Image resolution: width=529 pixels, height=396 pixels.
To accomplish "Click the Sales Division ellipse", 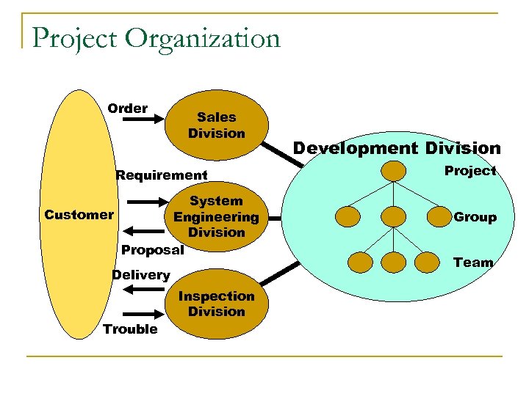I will [x=216, y=125].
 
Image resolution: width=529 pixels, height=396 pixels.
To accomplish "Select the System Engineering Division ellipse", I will [x=216, y=216].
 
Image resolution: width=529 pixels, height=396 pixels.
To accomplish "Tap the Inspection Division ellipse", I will [x=216, y=304].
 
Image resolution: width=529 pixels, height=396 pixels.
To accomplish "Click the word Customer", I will [x=79, y=215].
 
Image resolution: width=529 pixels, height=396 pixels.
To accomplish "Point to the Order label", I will [x=127, y=109].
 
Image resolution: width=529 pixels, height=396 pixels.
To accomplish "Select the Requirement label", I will [x=162, y=175].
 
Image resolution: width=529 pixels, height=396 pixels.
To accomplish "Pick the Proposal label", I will [x=152, y=250].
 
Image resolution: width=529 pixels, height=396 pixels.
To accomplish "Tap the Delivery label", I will [x=140, y=275].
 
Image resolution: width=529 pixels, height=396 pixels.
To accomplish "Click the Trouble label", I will [x=130, y=329].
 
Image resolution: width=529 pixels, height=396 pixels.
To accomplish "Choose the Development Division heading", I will [x=397, y=148].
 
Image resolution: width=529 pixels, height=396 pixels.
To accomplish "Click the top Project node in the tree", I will [x=395, y=172].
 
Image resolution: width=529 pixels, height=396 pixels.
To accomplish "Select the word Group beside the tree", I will [x=475, y=217].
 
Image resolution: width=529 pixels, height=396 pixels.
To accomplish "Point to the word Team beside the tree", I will [x=473, y=262].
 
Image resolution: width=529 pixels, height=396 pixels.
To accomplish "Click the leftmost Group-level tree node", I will [x=348, y=216].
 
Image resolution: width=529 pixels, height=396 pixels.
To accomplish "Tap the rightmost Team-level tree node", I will [x=430, y=262].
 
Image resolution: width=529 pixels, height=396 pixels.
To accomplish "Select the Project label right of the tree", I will [x=470, y=171].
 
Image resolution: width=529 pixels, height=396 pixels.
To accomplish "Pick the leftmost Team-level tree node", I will [x=360, y=262].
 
